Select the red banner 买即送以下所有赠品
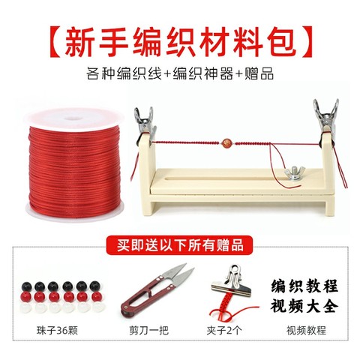(180, 246)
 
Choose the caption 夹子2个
(227, 329)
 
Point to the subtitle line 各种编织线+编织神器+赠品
(180, 76)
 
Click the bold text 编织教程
(304, 287)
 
